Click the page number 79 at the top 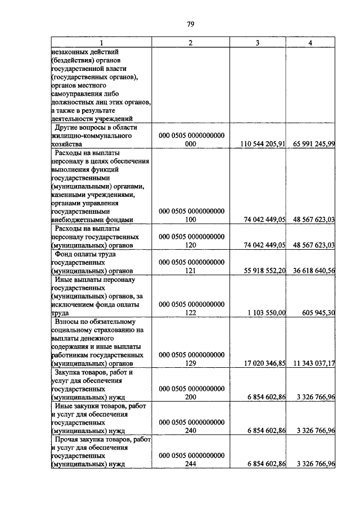tap(190, 24)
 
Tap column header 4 tap(311, 43)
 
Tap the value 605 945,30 tap(318, 313)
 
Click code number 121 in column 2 tap(192, 271)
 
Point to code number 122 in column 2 tap(192, 313)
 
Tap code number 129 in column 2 tap(192, 364)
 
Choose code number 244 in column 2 tap(192, 464)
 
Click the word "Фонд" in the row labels tap(65, 254)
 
